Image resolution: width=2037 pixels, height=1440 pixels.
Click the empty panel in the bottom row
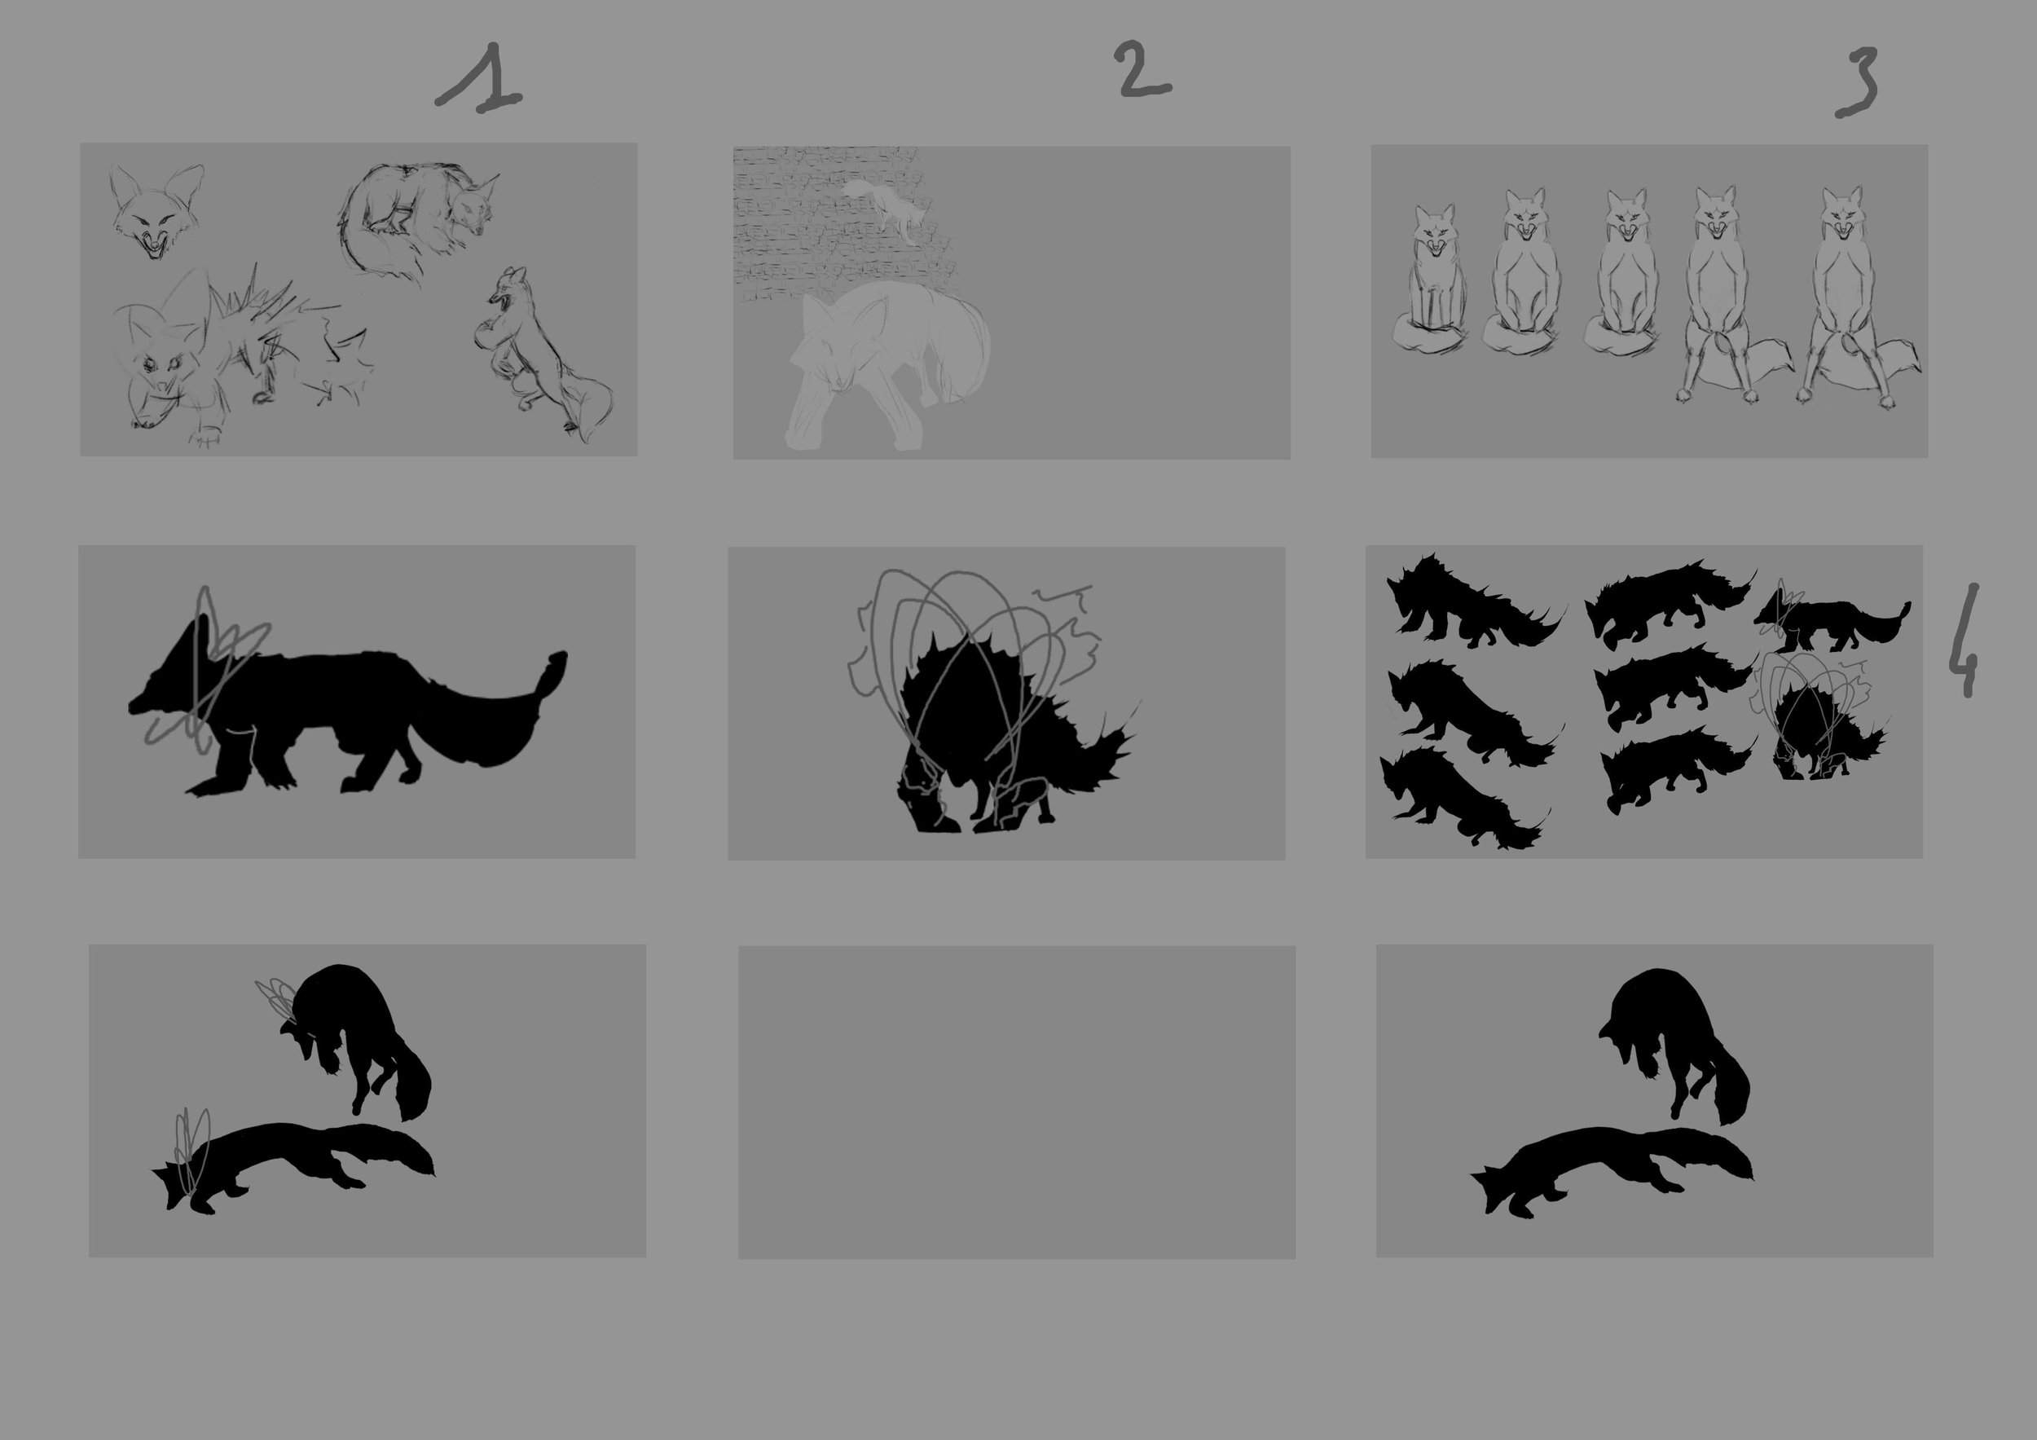point(1017,1102)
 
